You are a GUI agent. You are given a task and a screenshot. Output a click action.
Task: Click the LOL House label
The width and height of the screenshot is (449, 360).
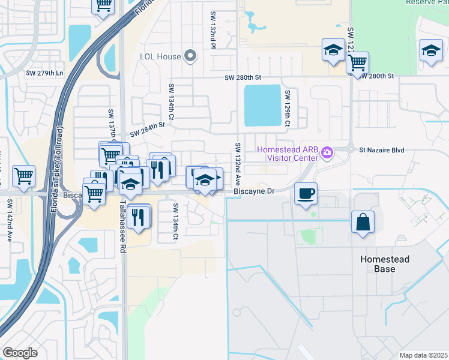point(160,57)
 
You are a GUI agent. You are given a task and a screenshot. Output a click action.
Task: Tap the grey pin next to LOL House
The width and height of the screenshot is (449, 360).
point(191,56)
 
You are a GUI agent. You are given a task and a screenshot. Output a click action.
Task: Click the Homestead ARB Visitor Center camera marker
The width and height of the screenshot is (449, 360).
point(327,153)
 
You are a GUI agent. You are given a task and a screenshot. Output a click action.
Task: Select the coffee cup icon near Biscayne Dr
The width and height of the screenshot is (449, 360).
point(306,194)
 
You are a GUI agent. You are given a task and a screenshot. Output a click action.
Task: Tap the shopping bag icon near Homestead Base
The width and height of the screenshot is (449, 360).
point(363,221)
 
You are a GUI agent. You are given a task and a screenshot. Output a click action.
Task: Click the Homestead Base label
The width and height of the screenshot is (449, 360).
point(385,264)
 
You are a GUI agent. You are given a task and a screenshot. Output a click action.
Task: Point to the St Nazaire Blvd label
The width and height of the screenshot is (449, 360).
point(382,150)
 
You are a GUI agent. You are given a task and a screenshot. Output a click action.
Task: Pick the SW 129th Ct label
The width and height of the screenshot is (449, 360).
point(288,108)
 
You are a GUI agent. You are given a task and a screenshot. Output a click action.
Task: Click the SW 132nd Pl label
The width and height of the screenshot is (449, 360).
point(212,29)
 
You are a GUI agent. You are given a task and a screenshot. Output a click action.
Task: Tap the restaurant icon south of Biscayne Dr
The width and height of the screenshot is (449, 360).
point(139,217)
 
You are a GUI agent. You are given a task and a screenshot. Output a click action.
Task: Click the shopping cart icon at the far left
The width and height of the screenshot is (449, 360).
point(23,176)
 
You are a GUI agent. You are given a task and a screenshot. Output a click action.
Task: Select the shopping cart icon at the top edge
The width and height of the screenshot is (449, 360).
point(103,5)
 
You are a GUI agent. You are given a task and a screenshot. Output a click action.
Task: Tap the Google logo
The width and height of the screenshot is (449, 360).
point(20,353)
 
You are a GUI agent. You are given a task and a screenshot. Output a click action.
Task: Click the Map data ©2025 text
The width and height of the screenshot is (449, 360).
point(423,355)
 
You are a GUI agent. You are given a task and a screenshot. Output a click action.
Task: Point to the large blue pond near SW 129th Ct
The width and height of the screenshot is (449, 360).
point(262,106)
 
